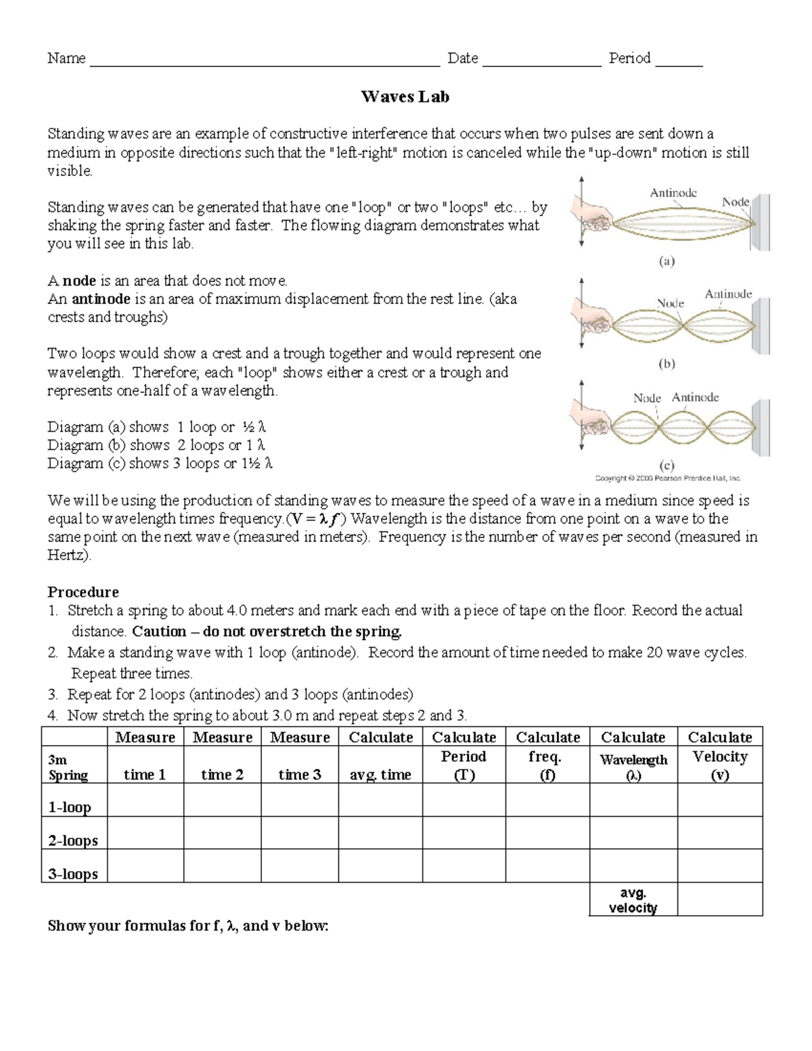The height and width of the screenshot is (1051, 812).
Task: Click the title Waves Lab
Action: (x=405, y=97)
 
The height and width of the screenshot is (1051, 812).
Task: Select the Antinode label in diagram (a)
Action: (x=673, y=193)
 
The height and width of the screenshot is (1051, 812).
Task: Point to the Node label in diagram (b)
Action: (x=671, y=303)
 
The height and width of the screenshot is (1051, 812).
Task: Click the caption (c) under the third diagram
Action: (x=667, y=466)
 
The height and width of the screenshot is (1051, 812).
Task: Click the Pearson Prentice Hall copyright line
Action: (x=668, y=478)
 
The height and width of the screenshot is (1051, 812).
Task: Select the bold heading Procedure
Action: (x=83, y=591)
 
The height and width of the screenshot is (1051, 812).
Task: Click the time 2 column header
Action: (x=222, y=775)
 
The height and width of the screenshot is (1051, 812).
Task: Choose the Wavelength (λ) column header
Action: (x=633, y=767)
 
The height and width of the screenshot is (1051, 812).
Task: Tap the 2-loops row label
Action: (x=73, y=841)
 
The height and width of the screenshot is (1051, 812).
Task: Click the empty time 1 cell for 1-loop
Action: (x=145, y=800)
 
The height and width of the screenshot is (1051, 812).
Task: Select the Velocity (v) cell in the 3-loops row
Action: (x=720, y=866)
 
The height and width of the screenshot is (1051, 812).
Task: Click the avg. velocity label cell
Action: (x=633, y=900)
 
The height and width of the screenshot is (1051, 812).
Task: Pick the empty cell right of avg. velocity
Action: (x=720, y=899)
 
